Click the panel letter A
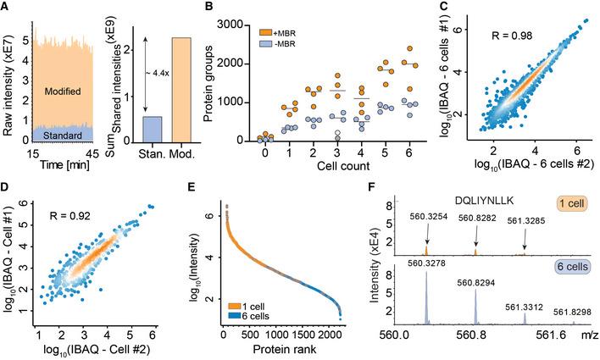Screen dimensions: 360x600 click(x=7, y=8)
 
